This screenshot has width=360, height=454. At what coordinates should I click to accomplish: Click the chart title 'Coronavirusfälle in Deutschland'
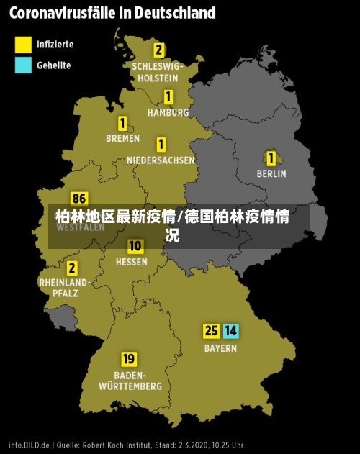click(112, 13)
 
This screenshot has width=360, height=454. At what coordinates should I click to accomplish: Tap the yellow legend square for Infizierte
click(24, 45)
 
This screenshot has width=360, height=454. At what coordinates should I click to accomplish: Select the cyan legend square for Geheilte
click(24, 65)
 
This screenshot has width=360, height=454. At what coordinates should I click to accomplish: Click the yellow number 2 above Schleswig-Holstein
click(158, 50)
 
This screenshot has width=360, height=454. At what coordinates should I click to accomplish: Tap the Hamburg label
click(168, 112)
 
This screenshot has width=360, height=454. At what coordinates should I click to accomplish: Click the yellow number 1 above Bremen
click(122, 123)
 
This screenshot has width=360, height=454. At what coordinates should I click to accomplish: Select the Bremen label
click(122, 138)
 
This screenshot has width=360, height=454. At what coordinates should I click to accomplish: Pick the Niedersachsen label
click(161, 160)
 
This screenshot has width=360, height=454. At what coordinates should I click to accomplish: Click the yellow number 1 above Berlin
click(271, 158)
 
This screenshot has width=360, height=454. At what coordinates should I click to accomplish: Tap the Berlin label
click(271, 173)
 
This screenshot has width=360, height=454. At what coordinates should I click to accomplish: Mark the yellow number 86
click(79, 199)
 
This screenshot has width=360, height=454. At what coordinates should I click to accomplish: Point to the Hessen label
click(132, 263)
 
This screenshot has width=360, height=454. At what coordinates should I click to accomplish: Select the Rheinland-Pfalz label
click(64, 288)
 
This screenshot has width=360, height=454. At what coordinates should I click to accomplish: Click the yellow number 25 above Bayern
click(211, 331)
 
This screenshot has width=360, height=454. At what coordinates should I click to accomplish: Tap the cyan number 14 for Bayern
click(230, 331)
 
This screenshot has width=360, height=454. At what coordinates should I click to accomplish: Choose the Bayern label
click(220, 348)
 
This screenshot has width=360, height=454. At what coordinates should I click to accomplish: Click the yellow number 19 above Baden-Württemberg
click(129, 358)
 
